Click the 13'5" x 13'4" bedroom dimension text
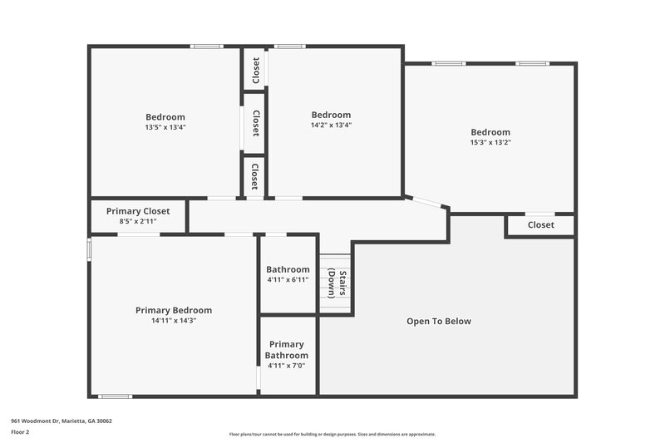165,127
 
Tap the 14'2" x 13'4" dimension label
331,126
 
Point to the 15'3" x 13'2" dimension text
490,142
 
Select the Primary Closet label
138,211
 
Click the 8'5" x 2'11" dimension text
138,222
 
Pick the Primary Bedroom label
173,310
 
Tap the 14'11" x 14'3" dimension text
173,320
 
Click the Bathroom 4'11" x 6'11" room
288,274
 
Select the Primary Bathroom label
287,350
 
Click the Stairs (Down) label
336,283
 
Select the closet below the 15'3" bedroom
540,225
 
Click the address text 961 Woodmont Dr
62,421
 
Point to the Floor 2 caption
20,432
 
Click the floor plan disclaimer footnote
332,434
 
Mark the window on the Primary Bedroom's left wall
90,251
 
